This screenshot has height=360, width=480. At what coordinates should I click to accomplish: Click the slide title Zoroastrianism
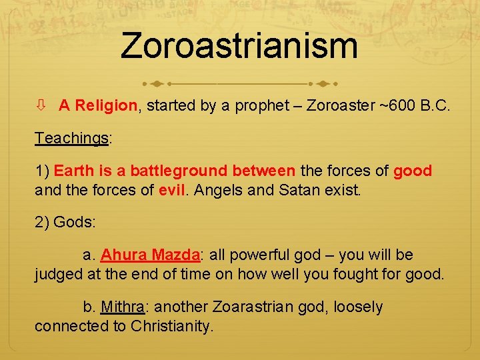pyautogui.click(x=239, y=46)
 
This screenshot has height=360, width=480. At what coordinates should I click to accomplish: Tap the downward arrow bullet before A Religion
pyautogui.click(x=41, y=105)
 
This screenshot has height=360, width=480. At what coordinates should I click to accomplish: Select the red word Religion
pyautogui.click(x=106, y=105)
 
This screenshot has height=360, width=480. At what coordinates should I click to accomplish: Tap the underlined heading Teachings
pyautogui.click(x=71, y=138)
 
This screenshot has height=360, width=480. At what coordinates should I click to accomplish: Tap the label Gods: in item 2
pyautogui.click(x=74, y=223)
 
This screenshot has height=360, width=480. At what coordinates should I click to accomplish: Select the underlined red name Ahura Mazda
pyautogui.click(x=150, y=255)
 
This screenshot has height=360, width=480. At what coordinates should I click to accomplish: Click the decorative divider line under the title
pyautogui.click(x=239, y=85)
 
